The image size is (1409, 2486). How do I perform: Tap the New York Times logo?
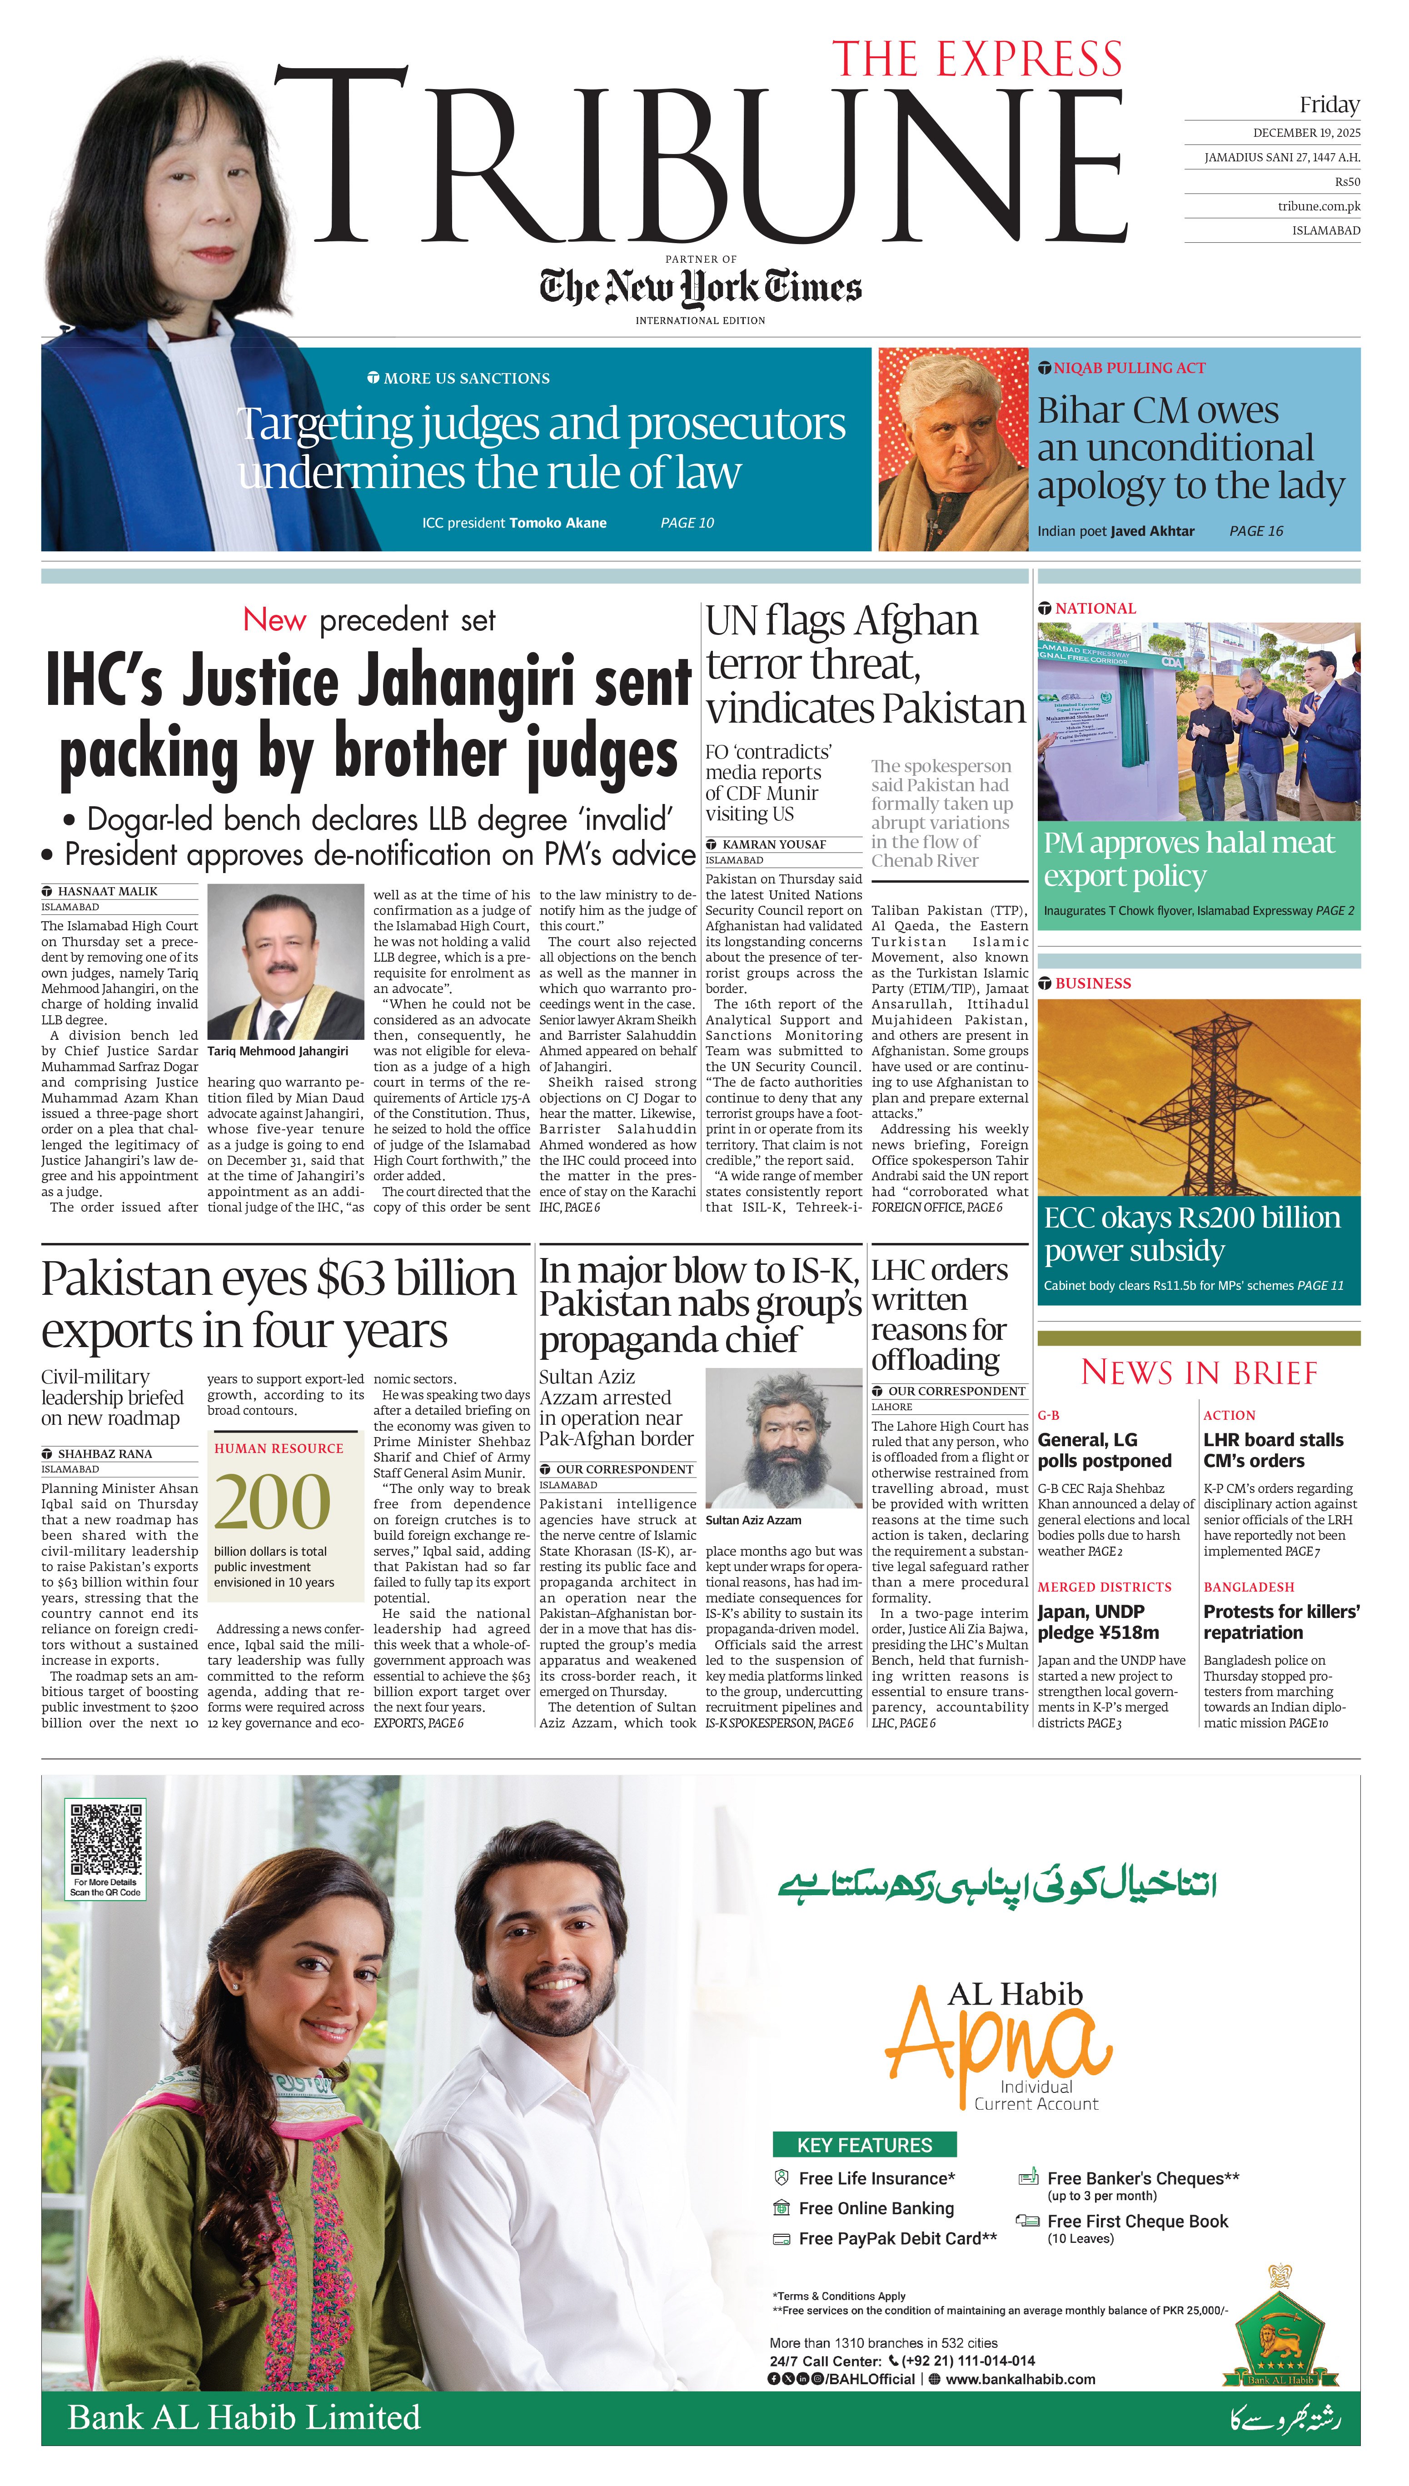tap(701, 287)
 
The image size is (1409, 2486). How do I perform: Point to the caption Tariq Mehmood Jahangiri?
tap(278, 1051)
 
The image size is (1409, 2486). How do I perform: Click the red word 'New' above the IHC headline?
tap(275, 619)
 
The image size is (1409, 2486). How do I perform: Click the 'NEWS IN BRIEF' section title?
tap(1199, 1372)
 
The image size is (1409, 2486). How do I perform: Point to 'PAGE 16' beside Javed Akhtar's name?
tap(1256, 531)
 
